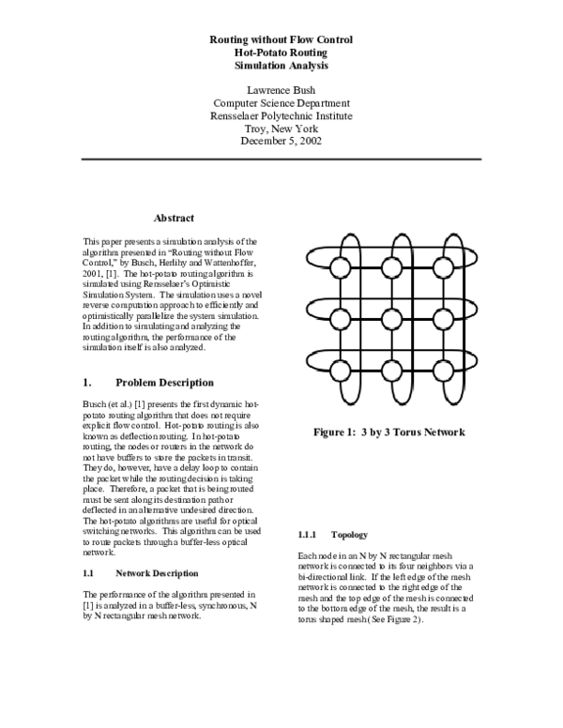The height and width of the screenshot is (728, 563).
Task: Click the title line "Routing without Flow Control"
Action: coord(281,40)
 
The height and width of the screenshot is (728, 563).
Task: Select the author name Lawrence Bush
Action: coord(281,88)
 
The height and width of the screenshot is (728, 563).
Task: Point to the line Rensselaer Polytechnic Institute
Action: coord(281,114)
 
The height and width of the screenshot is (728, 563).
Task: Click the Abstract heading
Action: coord(174,219)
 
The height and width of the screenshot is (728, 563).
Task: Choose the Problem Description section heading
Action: coord(164,383)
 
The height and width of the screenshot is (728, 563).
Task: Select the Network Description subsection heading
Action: coord(156,572)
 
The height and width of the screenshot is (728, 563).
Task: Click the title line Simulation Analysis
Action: coord(281,67)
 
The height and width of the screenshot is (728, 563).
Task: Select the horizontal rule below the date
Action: coord(281,159)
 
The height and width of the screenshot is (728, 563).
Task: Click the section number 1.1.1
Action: coord(310,535)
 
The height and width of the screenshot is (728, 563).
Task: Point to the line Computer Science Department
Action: coord(281,101)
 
